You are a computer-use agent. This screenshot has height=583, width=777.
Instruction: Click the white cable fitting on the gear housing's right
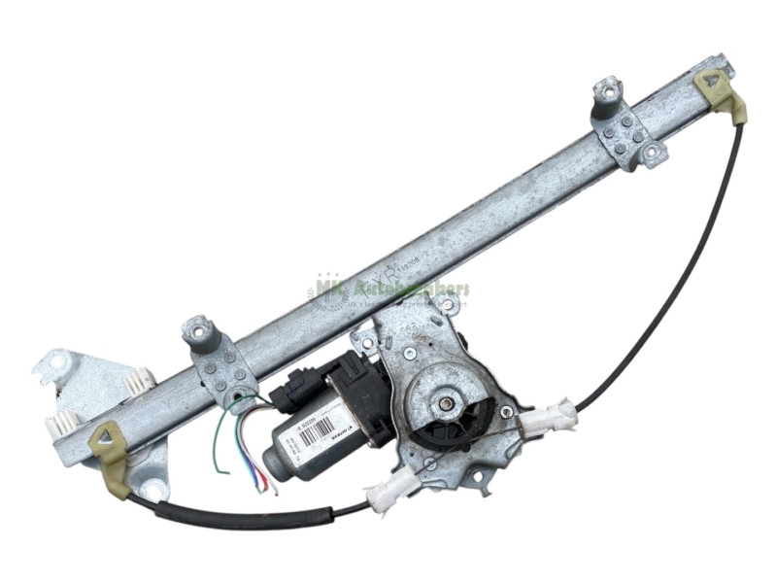coord(549,421)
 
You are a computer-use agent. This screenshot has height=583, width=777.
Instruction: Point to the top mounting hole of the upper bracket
coord(610,93)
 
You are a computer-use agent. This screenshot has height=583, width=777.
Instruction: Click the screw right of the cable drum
coord(505,412)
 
